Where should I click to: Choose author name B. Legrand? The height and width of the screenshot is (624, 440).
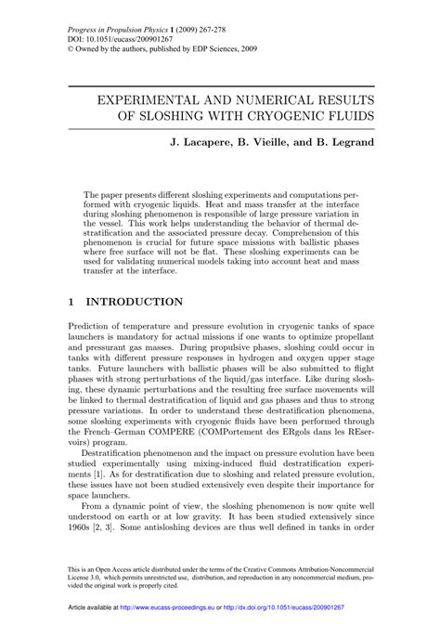(365, 144)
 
